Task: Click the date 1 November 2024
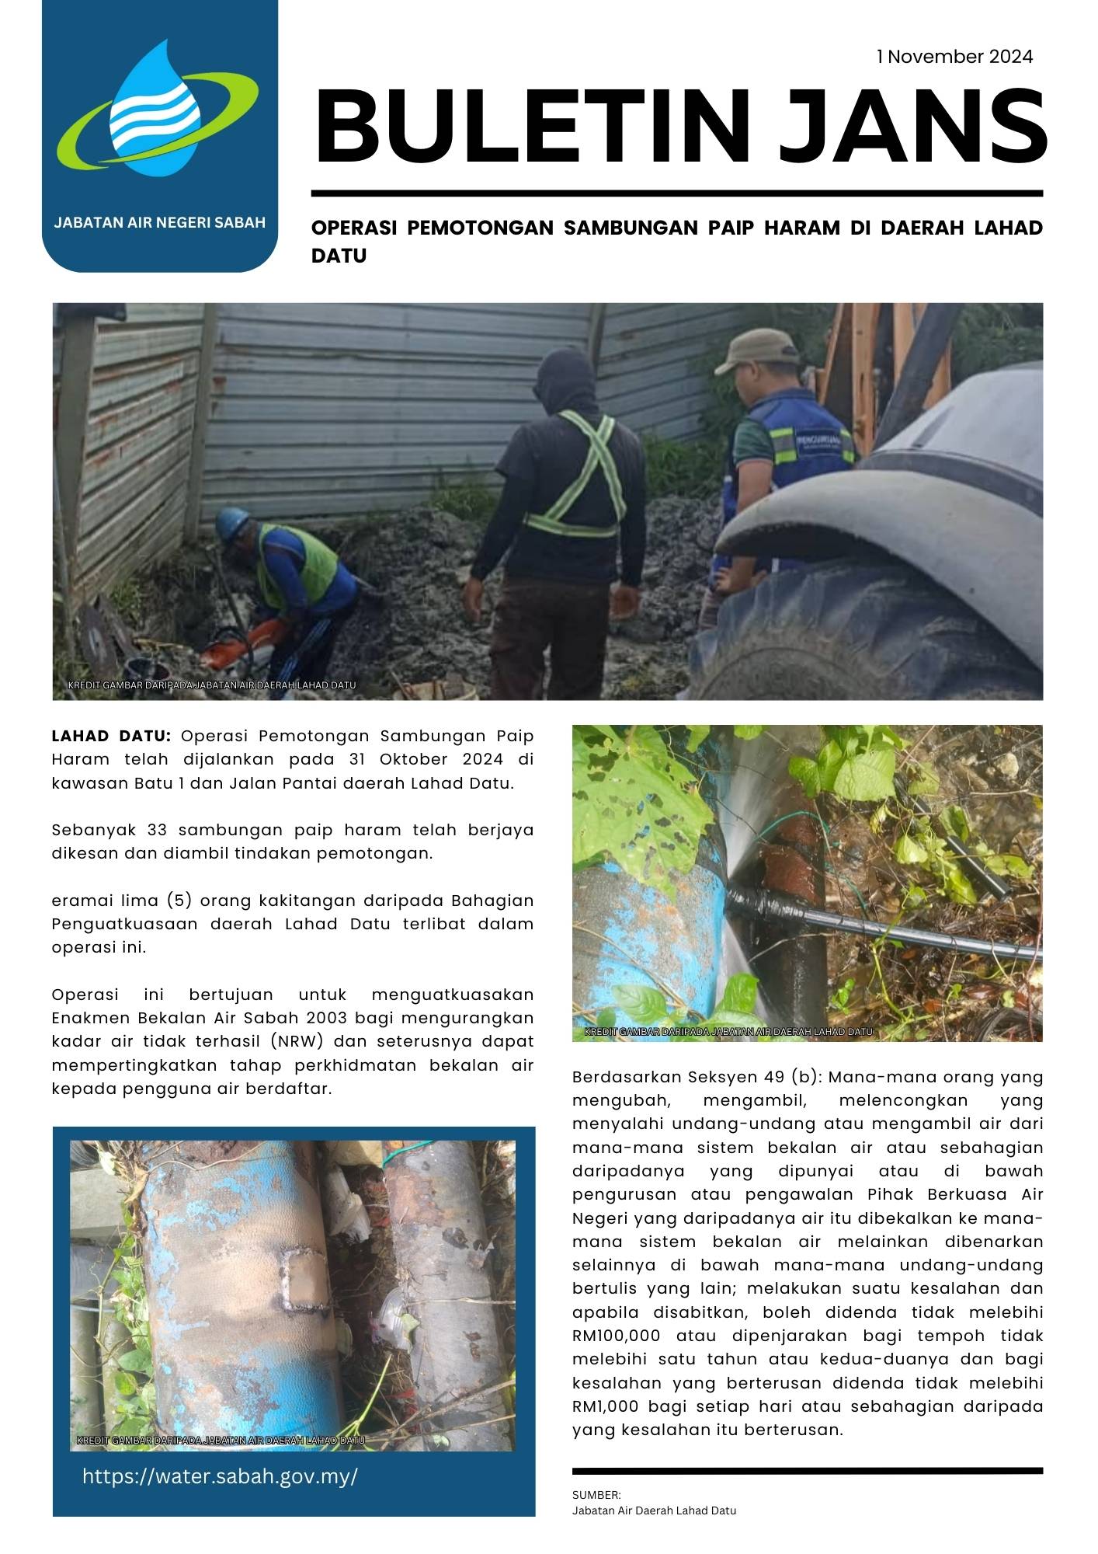pyautogui.click(x=954, y=57)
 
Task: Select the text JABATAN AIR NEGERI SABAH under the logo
pyautogui.click(x=160, y=222)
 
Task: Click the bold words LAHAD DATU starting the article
pyautogui.click(x=111, y=736)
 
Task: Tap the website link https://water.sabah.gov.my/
pyautogui.click(x=220, y=1476)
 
